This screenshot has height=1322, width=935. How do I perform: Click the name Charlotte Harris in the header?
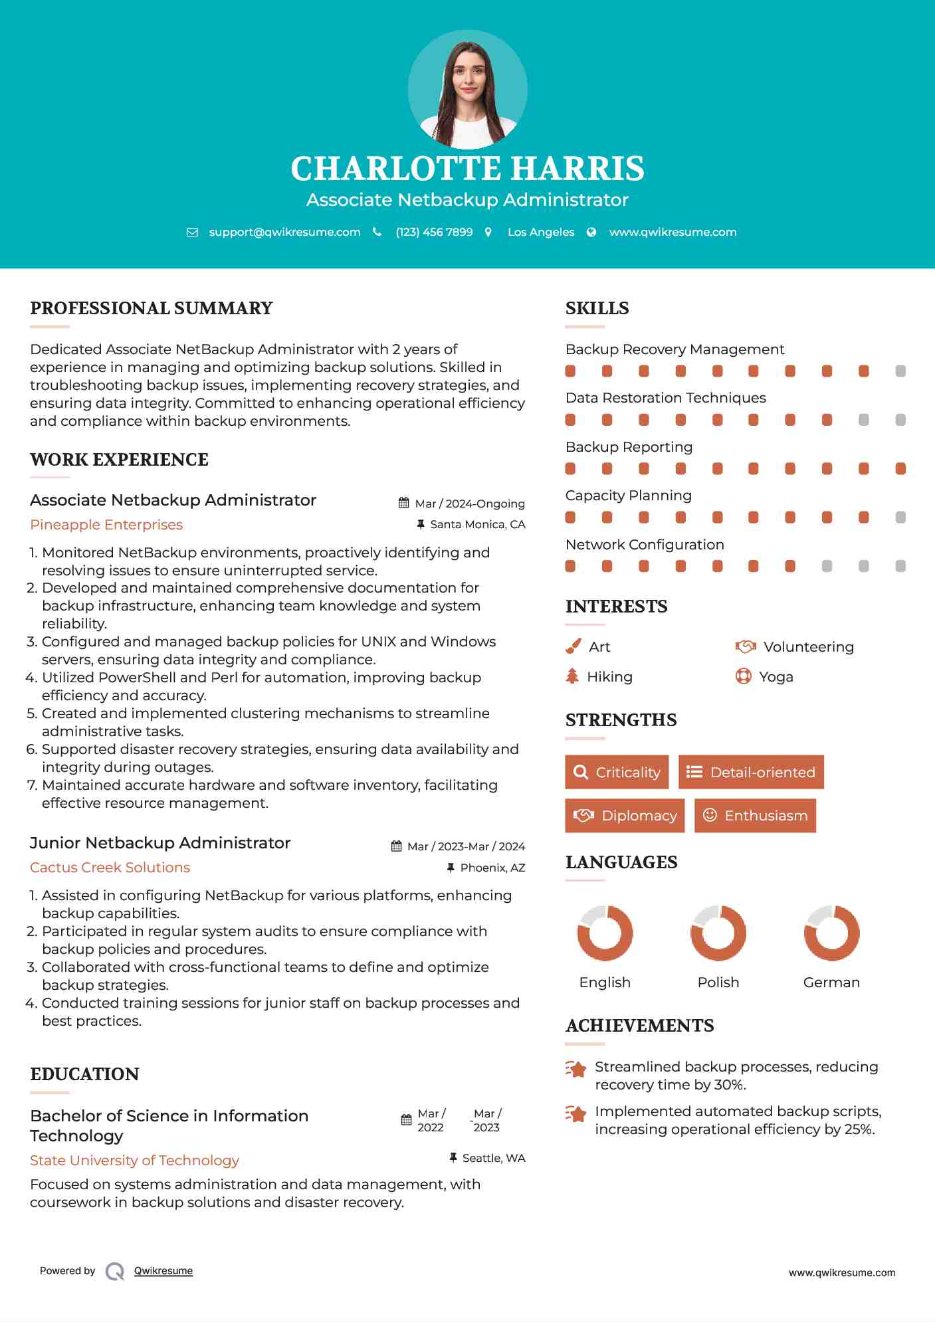pyautogui.click(x=467, y=169)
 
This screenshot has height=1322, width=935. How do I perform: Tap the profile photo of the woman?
pyautogui.click(x=467, y=89)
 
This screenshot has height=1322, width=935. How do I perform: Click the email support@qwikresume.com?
pyautogui.click(x=284, y=232)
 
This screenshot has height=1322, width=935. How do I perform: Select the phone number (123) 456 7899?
pyautogui.click(x=434, y=232)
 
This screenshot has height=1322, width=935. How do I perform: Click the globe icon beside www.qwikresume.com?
pyautogui.click(x=591, y=232)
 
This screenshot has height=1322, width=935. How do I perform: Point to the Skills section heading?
pyautogui.click(x=597, y=308)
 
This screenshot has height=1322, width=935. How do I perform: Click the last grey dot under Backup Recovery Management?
pyautogui.click(x=900, y=371)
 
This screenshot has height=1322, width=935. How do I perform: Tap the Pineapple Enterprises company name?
pyautogui.click(x=106, y=525)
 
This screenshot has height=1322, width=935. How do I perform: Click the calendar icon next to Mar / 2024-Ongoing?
pyautogui.click(x=403, y=503)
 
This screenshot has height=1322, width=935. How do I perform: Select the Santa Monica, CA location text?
pyautogui.click(x=477, y=524)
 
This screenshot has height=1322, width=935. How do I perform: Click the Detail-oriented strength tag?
pyautogui.click(x=751, y=772)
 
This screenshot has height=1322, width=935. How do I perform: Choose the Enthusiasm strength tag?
pyautogui.click(x=755, y=815)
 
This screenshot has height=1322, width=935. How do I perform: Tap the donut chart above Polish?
pyautogui.click(x=718, y=933)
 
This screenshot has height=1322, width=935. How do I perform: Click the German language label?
pyautogui.click(x=831, y=982)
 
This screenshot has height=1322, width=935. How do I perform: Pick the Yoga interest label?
pyautogui.click(x=776, y=676)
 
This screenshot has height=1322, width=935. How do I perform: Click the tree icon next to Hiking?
pyautogui.click(x=572, y=676)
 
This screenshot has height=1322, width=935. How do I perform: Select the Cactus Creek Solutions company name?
pyautogui.click(x=110, y=868)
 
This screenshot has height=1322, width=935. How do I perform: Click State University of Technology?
pyautogui.click(x=134, y=1161)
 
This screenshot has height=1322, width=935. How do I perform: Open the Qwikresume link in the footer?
pyautogui.click(x=163, y=1271)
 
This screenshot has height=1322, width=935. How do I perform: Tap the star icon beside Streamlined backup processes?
pyautogui.click(x=576, y=1069)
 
